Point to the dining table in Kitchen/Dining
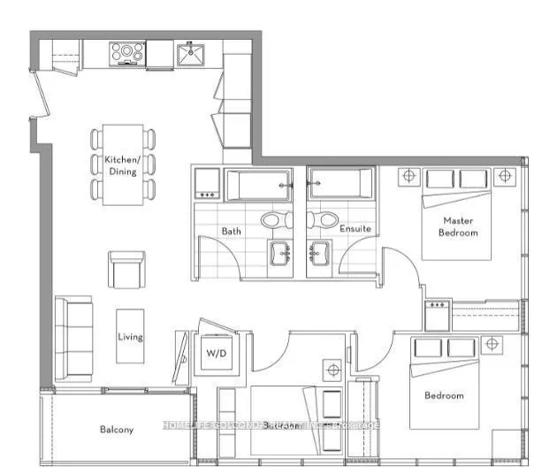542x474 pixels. coord(122,164)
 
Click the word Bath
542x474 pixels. coord(232,231)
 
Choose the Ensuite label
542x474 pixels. coord(355,229)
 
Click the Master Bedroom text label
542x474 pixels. coord(461,227)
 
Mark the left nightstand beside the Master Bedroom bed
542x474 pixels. coord(409,176)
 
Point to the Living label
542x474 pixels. coord(131,337)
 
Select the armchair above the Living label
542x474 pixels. coord(126,268)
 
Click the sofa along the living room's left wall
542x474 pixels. coord(73,340)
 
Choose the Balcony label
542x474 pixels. coord(116,430)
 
